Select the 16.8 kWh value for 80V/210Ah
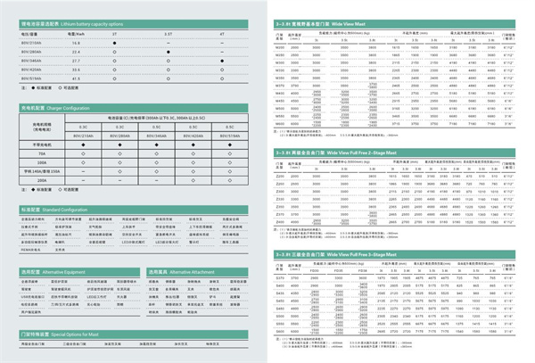click(x=77, y=42)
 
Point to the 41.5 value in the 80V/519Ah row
click(x=77, y=78)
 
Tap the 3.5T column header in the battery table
click(x=169, y=33)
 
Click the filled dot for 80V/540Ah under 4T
click(x=221, y=61)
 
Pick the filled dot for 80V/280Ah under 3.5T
click(x=169, y=51)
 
